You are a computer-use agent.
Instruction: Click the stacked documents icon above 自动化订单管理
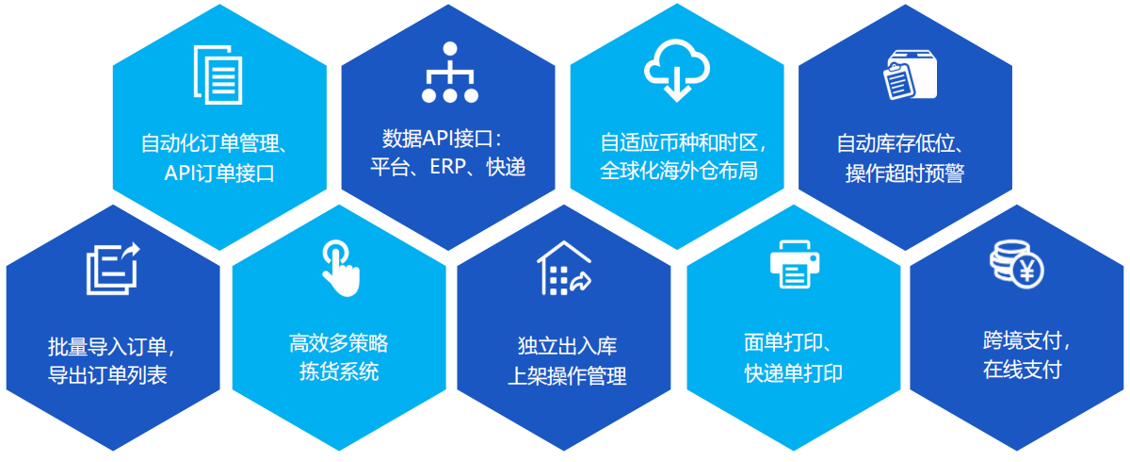coord(218,74)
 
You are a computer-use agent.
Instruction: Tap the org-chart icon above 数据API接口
coord(450,73)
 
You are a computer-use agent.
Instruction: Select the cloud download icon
coord(676,71)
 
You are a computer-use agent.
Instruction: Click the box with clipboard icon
coord(910,74)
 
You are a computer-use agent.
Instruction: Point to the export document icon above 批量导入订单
coord(112,269)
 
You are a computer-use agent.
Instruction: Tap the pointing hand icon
coord(341,269)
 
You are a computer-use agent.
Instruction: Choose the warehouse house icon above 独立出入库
coord(563,268)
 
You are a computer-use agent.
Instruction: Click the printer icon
coord(795,265)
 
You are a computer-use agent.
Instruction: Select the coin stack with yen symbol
coord(1016,265)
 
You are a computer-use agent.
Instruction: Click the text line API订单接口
coord(219,173)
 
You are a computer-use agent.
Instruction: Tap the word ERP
coord(448,167)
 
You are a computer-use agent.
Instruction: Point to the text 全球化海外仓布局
coord(679,171)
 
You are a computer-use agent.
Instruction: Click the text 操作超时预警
coord(905,173)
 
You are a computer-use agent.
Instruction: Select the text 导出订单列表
coord(107,374)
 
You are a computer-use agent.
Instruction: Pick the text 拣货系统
coord(339,371)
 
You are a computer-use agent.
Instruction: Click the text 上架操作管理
coord(567,376)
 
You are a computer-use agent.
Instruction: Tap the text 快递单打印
coord(793,373)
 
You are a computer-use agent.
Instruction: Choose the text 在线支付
coord(1022,370)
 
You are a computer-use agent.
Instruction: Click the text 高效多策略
coord(338,343)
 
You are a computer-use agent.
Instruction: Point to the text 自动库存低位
coord(896,143)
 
